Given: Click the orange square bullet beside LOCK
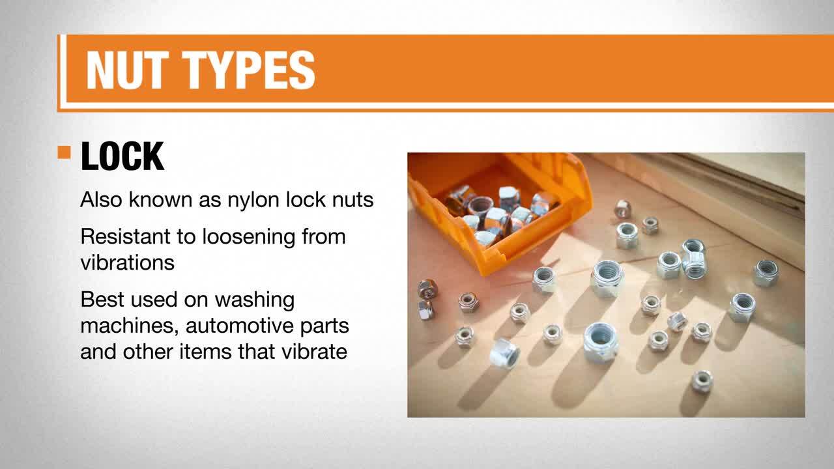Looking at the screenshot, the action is coord(64,152).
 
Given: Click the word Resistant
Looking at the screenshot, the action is coord(126,236).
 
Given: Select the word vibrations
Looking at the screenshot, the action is coord(128,263).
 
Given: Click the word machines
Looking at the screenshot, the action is coord(130,326).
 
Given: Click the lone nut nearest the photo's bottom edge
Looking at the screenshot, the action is coord(702,381).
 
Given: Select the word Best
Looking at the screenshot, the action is coord(102,300).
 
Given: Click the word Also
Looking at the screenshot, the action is coord(101,199).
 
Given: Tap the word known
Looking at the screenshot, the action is coord(161,199).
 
